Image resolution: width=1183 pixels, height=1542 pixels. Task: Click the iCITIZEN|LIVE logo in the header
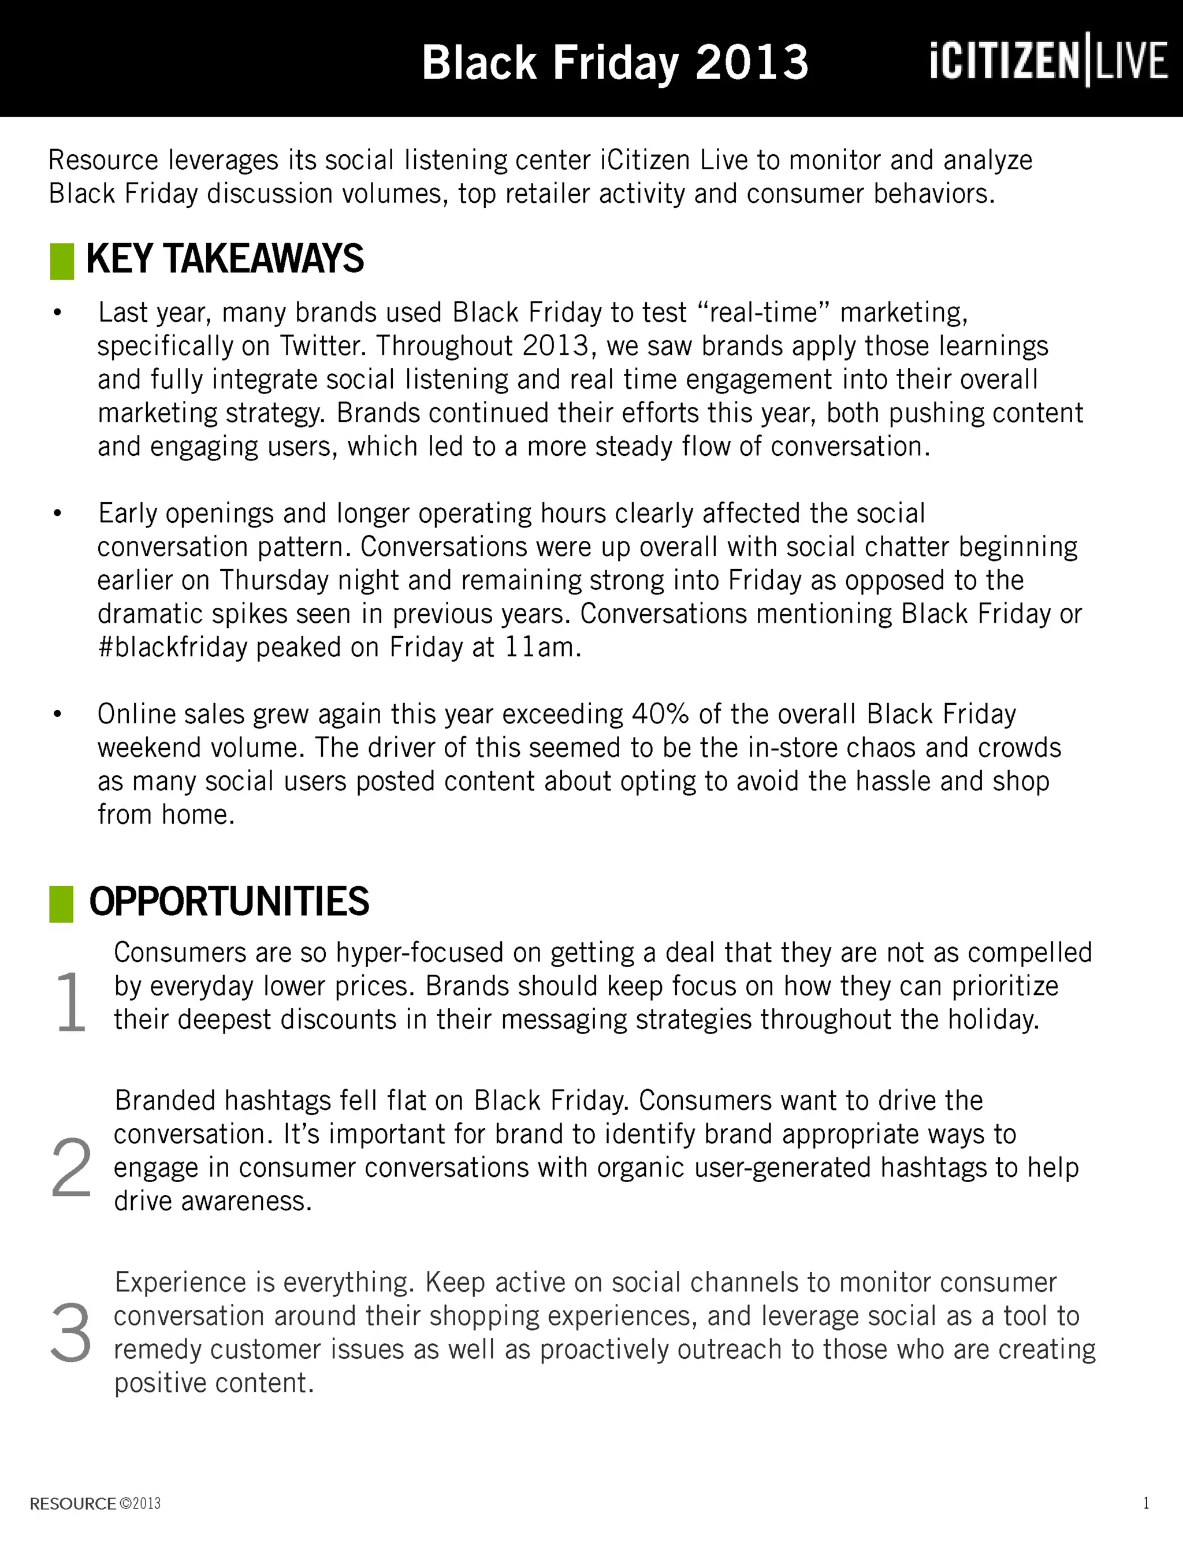(1048, 60)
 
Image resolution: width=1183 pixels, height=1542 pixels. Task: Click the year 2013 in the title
(752, 62)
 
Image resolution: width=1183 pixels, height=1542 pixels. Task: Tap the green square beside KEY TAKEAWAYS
(62, 261)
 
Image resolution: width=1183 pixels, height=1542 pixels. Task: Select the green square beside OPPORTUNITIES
(61, 904)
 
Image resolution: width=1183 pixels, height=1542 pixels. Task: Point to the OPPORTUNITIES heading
(229, 901)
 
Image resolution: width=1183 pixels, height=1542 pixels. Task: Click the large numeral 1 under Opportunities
(70, 1001)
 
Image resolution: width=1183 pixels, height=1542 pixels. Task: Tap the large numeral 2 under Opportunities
(71, 1168)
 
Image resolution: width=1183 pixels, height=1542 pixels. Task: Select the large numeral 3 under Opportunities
(70, 1333)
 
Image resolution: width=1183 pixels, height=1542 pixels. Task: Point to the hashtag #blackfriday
(173, 647)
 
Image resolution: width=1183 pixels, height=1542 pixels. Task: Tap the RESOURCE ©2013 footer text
(95, 1503)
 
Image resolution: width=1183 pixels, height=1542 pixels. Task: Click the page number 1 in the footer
(1147, 1503)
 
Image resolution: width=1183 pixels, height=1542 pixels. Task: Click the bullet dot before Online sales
(58, 715)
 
